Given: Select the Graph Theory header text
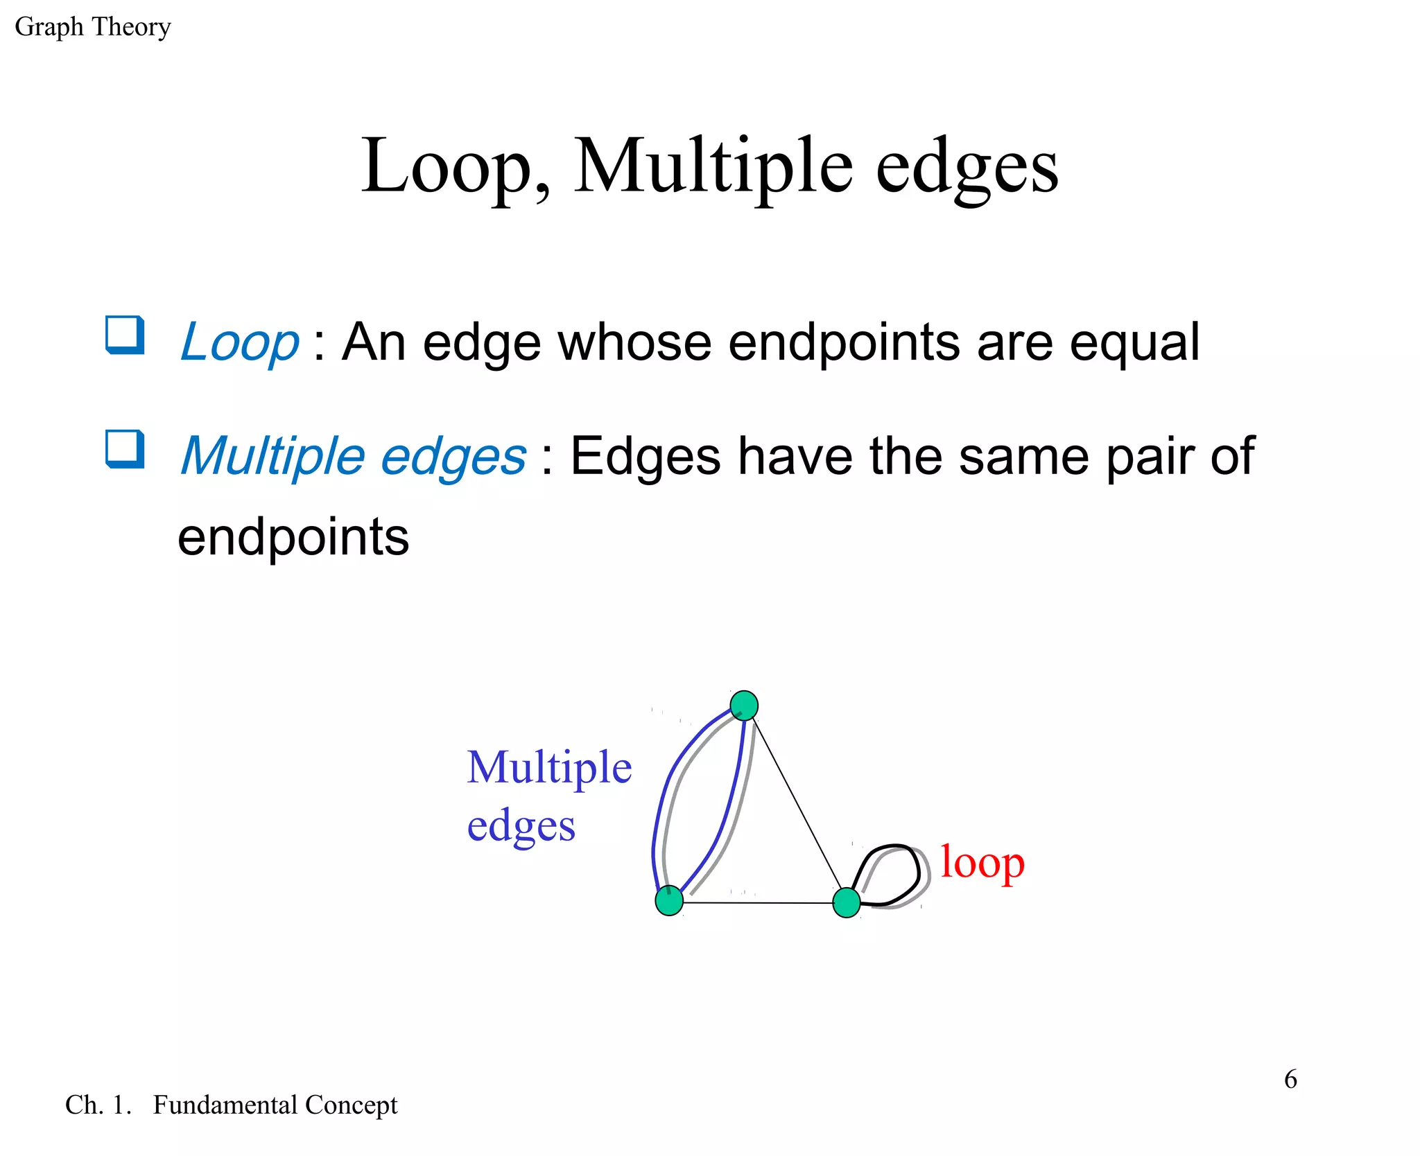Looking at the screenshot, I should click(92, 27).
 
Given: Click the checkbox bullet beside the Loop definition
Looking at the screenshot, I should click(125, 335).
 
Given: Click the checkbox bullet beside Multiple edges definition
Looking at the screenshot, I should click(125, 449).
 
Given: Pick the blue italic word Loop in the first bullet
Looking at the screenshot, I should click(239, 342).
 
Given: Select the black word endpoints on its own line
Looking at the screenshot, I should click(293, 537).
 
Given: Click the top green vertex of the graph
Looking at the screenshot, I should click(744, 706).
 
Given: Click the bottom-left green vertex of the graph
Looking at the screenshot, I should click(669, 900).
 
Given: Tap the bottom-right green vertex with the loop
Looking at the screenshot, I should click(846, 903).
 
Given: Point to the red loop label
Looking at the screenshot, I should click(982, 864).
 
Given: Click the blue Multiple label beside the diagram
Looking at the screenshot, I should click(549, 768).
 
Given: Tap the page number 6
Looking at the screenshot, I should click(1290, 1079).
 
